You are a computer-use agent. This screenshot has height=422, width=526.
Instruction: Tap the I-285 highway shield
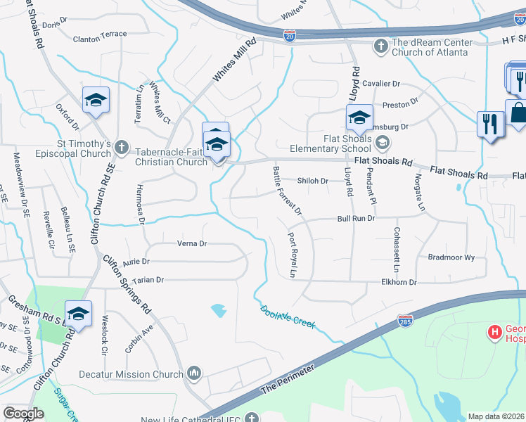tap(404, 321)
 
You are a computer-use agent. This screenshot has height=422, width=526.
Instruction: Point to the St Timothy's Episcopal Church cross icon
tap(122, 148)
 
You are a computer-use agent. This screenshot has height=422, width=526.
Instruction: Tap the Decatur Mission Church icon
tap(195, 373)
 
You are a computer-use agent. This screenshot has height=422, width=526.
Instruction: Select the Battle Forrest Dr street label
tap(287, 191)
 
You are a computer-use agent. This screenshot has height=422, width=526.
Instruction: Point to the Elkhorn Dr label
tap(398, 282)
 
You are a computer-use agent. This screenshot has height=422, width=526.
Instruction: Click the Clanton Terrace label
tap(100, 34)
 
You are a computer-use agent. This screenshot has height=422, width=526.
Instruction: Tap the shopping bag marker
tap(518, 113)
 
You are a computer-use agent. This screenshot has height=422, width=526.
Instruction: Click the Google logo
tap(24, 414)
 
